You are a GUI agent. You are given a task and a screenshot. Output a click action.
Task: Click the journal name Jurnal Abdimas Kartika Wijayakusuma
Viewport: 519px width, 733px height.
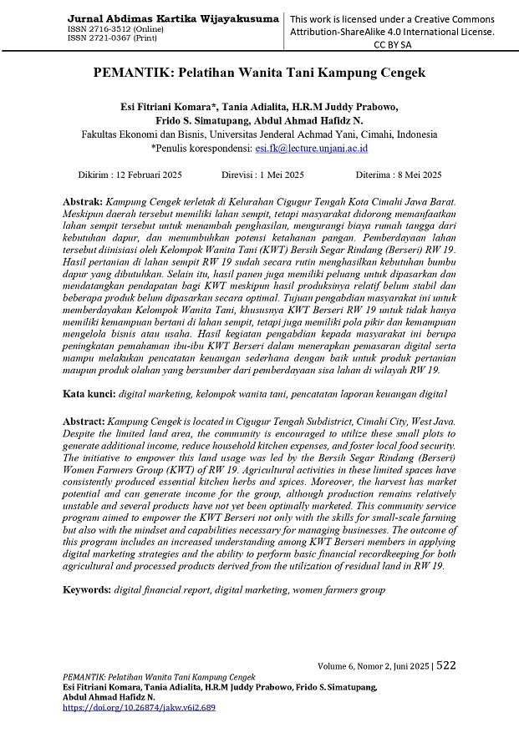(171, 18)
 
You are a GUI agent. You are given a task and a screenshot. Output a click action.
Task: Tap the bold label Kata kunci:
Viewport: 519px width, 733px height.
(89, 392)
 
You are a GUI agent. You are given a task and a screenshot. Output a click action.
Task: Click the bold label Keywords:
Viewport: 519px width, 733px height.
(87, 589)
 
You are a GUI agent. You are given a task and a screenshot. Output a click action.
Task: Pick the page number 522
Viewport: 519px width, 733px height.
(446, 665)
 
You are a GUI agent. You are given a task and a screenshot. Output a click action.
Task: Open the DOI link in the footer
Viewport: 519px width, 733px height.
(139, 707)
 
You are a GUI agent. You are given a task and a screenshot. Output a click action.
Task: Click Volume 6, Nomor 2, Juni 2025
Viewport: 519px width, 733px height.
(374, 666)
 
